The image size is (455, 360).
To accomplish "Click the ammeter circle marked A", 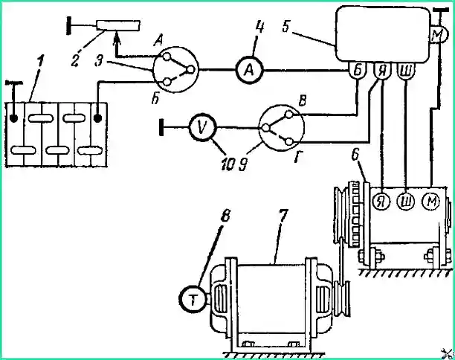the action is [x=249, y=70].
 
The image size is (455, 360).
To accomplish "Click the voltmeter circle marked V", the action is [x=202, y=127].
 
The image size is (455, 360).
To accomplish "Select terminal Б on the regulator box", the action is [x=358, y=71].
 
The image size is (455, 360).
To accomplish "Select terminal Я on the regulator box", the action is [x=382, y=71].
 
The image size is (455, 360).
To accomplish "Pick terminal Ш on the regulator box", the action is [x=406, y=71].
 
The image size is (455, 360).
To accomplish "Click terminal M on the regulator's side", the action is [x=438, y=35].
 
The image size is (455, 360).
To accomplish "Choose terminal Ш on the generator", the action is [x=406, y=201].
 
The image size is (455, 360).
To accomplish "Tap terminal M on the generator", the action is [x=430, y=201].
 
